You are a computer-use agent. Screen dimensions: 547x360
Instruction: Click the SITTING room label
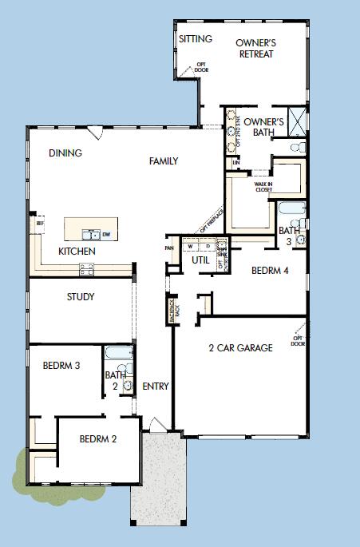195,38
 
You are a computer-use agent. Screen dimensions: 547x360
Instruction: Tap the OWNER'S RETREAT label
256,48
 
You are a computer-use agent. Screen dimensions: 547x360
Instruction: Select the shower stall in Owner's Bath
295,121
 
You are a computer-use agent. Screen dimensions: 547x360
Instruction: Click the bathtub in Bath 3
291,212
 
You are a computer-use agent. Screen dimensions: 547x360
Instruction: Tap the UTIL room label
200,260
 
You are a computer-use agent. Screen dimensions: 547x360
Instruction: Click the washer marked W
191,245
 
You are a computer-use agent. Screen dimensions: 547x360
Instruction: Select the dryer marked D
208,245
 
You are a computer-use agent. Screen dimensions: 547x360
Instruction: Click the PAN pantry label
169,248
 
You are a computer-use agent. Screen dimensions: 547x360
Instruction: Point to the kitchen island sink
94,234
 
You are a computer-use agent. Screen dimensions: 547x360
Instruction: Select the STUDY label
80,297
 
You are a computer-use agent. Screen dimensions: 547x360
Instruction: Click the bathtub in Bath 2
120,354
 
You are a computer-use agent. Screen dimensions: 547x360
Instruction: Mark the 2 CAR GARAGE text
240,347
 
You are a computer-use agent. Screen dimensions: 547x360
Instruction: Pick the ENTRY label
156,386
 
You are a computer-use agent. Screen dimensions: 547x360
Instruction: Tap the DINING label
65,153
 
